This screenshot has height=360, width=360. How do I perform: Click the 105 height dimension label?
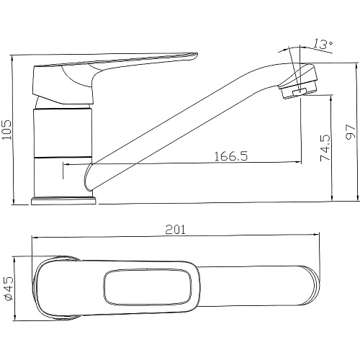pyautogui.click(x=7, y=130)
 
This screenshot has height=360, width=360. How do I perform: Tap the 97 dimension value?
pyautogui.click(x=351, y=132)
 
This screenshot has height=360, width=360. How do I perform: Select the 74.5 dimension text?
pyautogui.click(x=325, y=148)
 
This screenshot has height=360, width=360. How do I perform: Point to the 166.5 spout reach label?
pyautogui.click(x=230, y=156)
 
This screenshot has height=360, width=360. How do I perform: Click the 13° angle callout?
pyautogui.click(x=323, y=44)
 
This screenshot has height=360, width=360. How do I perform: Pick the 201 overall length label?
pyautogui.click(x=176, y=230)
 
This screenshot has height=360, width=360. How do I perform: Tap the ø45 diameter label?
pyautogui.click(x=8, y=289)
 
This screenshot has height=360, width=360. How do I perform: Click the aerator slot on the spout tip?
pyautogui.click(x=300, y=91)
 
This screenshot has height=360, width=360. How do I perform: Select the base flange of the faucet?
pyautogui.click(x=64, y=201)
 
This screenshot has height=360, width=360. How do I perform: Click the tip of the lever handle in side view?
pyautogui.click(x=197, y=54)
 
